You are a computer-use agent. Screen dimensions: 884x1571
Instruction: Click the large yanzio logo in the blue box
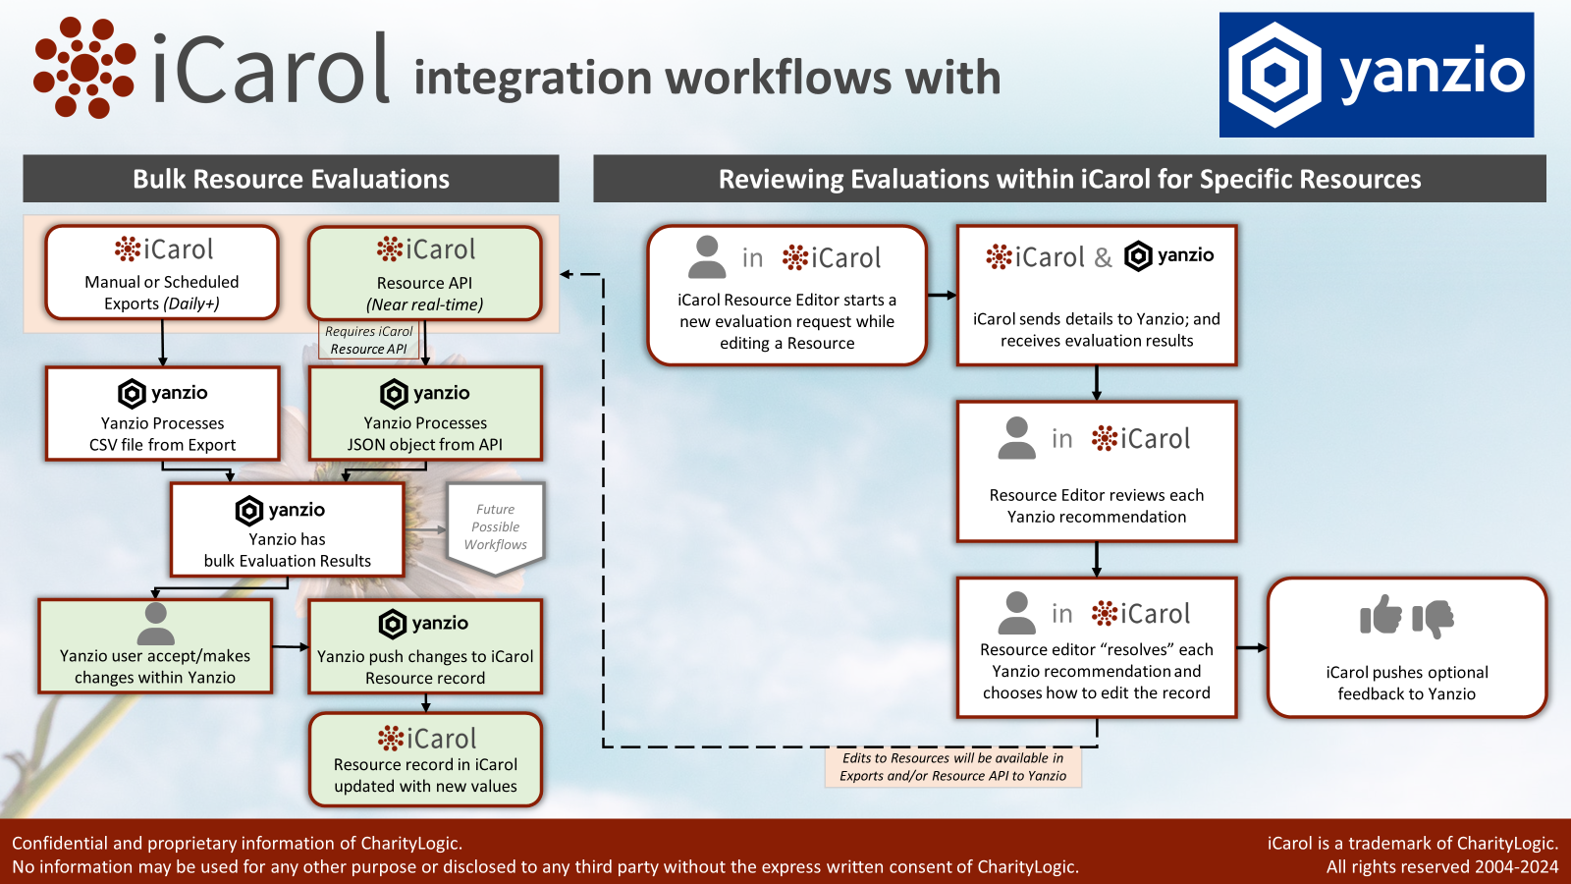pos(1376,75)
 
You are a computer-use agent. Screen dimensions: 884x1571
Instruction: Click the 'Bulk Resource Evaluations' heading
pos(291,179)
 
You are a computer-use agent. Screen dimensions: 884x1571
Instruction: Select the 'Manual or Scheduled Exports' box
pos(162,273)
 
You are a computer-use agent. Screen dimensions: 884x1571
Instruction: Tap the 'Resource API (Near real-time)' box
pos(424,274)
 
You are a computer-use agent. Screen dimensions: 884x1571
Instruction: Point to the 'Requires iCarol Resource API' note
pos(369,340)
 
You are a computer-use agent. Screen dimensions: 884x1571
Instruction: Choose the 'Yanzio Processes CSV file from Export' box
pos(162,414)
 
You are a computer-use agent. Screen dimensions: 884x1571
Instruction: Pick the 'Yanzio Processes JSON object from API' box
pos(424,414)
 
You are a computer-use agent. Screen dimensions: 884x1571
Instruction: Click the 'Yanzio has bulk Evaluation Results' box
pos(287,530)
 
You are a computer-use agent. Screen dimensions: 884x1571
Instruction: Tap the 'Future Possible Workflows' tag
pos(495,527)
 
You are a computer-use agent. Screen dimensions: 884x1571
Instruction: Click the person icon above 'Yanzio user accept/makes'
pos(155,623)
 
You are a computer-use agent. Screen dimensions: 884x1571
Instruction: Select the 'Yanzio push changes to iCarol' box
pos(424,647)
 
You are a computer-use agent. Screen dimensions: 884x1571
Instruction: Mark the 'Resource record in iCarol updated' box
pos(424,760)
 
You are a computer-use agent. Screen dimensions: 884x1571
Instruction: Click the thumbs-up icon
pos(1381,616)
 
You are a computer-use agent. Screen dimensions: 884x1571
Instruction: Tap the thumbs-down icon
pos(1434,618)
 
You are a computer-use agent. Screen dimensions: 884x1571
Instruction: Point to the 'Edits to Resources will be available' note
pos(952,767)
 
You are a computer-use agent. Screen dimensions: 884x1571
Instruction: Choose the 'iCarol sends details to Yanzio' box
pos(1096,296)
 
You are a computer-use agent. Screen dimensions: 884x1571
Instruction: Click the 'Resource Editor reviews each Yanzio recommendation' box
pos(1096,471)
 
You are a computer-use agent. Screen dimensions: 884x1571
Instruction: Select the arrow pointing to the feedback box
pos(1252,648)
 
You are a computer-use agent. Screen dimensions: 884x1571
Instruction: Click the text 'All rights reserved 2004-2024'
pos(1441,866)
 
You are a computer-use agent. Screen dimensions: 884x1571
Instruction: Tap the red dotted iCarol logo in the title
pos(83,68)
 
